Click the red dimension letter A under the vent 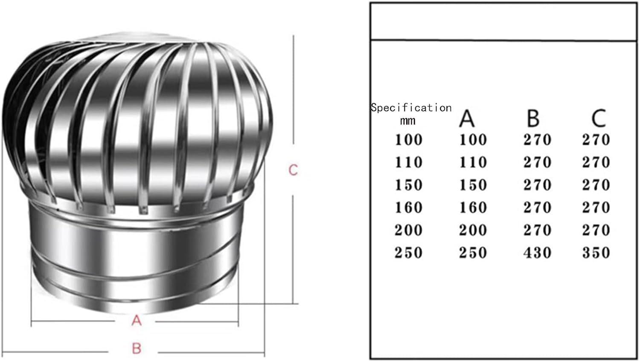pos(136,320)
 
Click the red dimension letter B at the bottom pos(137,348)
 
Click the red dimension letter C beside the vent pos(293,170)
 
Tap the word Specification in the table pos(411,108)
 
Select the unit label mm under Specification pos(408,121)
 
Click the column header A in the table pos(467,118)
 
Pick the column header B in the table pos(533,118)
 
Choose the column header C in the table pos(598,118)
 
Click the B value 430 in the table pos(537,253)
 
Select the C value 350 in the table pos(596,253)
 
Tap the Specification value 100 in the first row pos(408,140)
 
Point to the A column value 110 pos(473,162)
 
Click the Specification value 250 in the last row pos(408,253)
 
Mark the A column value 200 pos(473,230)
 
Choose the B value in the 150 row pos(537,185)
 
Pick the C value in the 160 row pos(596,207)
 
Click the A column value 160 pos(473,207)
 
